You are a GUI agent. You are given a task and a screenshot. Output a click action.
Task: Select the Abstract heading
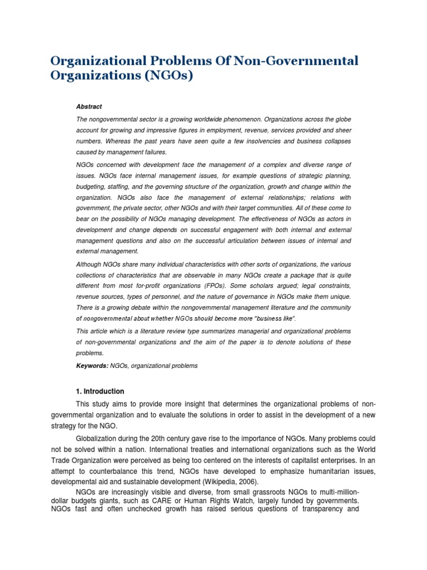tap(89, 106)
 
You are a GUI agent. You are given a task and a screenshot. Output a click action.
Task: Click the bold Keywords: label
tap(92, 366)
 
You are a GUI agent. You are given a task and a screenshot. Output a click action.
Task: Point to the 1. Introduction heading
tap(100, 391)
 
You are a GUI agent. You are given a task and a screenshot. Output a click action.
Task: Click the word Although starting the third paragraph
tap(91, 264)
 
